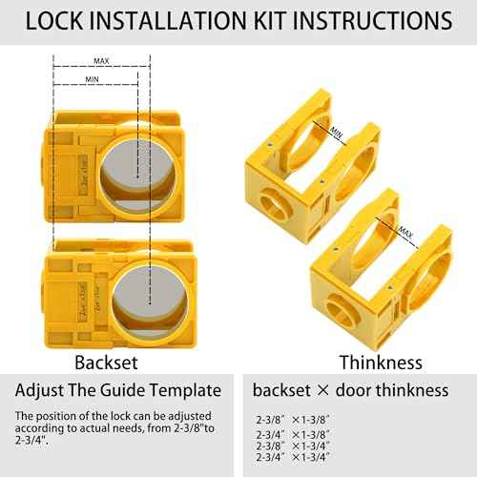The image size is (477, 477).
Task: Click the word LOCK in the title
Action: [56, 21]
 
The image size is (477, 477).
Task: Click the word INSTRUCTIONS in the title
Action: [370, 21]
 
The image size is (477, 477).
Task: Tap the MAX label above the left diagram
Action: [101, 61]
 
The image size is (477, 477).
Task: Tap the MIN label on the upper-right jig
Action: [335, 134]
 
